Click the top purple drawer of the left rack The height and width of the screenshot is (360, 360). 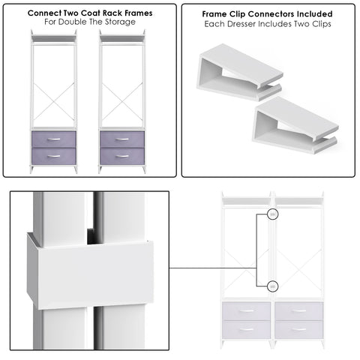(x=53, y=139)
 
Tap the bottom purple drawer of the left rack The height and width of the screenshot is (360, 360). (x=53, y=156)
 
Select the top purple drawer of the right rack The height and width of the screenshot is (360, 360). (x=121, y=139)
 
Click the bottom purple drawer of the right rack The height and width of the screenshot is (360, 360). (x=121, y=156)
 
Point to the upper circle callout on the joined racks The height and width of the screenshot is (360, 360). (x=273, y=214)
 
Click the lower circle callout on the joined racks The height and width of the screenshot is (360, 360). (x=273, y=285)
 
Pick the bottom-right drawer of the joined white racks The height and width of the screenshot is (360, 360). (x=298, y=328)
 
